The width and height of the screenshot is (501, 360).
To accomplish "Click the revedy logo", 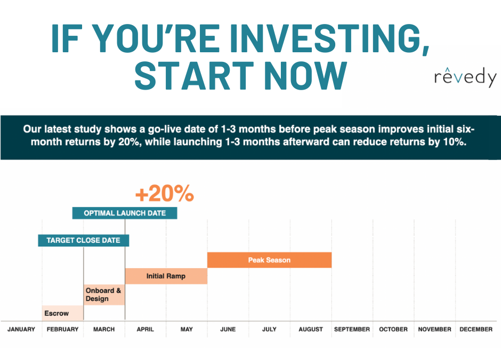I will pos(465,78).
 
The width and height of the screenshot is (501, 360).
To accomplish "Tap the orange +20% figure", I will pos(164,195).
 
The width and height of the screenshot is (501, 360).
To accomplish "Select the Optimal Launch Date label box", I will pos(125,213).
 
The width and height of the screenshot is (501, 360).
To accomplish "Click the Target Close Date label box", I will pos(83,240).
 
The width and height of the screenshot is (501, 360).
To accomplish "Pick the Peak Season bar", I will pos(269,260).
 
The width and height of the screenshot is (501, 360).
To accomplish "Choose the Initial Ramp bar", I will pos(166,276).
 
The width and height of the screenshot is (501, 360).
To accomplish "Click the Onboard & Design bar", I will pos(104,294).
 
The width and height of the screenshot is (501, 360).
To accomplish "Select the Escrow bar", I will pos(62,313).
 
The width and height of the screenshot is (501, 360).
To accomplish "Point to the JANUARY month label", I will pos(21,329).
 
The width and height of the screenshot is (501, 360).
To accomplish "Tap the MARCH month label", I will pos(104,329).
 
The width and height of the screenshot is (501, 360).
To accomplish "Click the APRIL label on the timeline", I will pos(145,329).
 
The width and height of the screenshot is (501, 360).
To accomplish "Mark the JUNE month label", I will pos(228,329).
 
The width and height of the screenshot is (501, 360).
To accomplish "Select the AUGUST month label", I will pos(311,329).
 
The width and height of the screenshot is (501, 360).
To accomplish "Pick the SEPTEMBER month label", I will pos(352,329).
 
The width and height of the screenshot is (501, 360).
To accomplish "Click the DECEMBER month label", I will pos(476,329).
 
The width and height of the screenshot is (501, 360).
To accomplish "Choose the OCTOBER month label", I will pos(393,329).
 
